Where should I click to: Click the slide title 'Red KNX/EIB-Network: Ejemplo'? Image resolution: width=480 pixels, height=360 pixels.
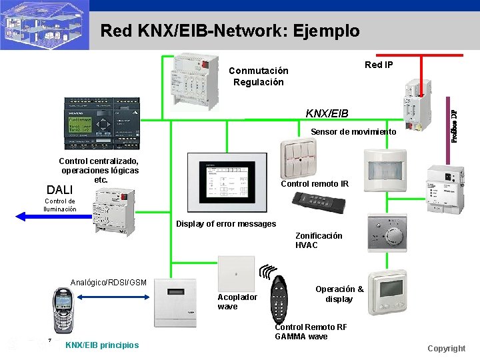229,31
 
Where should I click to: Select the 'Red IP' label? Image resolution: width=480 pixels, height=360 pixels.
379,65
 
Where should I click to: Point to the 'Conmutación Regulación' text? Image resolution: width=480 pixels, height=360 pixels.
259,77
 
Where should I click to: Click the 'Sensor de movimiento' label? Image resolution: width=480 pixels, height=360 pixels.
353,132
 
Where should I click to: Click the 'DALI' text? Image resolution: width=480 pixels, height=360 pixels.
59,191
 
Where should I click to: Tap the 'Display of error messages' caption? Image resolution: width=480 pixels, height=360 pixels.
225,224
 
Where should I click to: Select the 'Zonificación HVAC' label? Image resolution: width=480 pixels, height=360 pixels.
319,240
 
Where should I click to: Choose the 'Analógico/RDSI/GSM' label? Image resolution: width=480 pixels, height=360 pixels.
109,283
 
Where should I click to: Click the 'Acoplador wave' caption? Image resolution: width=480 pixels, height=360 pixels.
237,301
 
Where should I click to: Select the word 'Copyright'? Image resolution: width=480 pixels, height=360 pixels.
446,349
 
